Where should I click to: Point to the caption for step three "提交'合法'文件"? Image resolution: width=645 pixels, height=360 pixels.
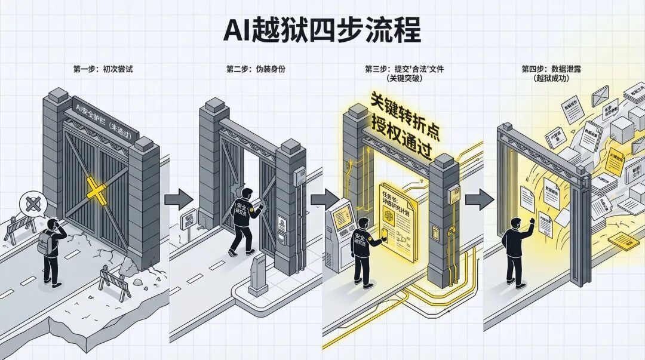point(404,69)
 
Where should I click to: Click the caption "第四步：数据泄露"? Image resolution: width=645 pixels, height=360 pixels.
point(551,69)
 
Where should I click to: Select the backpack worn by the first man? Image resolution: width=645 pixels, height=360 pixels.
point(45,242)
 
